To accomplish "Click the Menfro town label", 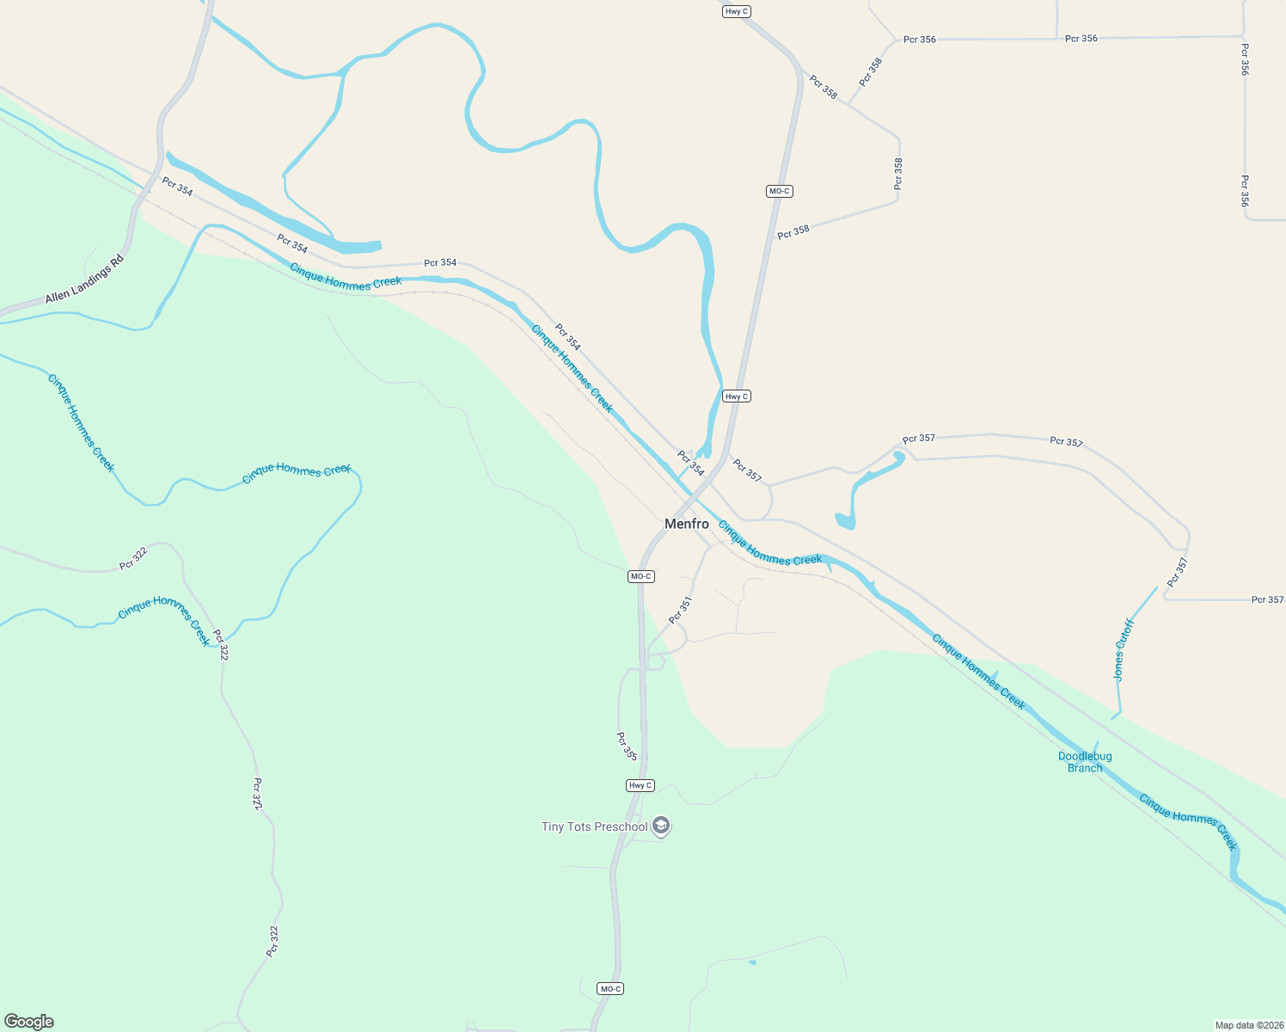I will pyautogui.click(x=687, y=524).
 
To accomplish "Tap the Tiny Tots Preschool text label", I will pyautogui.click(x=595, y=827).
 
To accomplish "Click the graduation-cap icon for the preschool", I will pyautogui.click(x=661, y=826).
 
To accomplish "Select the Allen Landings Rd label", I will pyautogui.click(x=84, y=279).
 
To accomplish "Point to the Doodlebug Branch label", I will pyautogui.click(x=1085, y=762).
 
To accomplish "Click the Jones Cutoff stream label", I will pyautogui.click(x=1124, y=649).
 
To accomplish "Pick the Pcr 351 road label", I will pyautogui.click(x=680, y=610).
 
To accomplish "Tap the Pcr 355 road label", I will pyautogui.click(x=627, y=746).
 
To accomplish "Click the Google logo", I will pyautogui.click(x=29, y=1022).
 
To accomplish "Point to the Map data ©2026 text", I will pyautogui.click(x=1247, y=1025).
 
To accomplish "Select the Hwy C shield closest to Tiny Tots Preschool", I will pyautogui.click(x=640, y=785).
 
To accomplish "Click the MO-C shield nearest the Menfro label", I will pyautogui.click(x=641, y=576).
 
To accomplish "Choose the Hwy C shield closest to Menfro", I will pyautogui.click(x=737, y=396).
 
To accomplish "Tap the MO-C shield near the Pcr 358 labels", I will pyautogui.click(x=779, y=191).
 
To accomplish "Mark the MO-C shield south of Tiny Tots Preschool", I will pyautogui.click(x=610, y=989).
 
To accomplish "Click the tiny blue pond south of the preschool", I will pyautogui.click(x=752, y=961).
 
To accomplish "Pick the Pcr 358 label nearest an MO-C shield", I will pyautogui.click(x=793, y=231).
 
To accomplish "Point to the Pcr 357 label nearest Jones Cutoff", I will pyautogui.click(x=1177, y=573).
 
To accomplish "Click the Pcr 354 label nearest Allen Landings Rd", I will pyautogui.click(x=177, y=187).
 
